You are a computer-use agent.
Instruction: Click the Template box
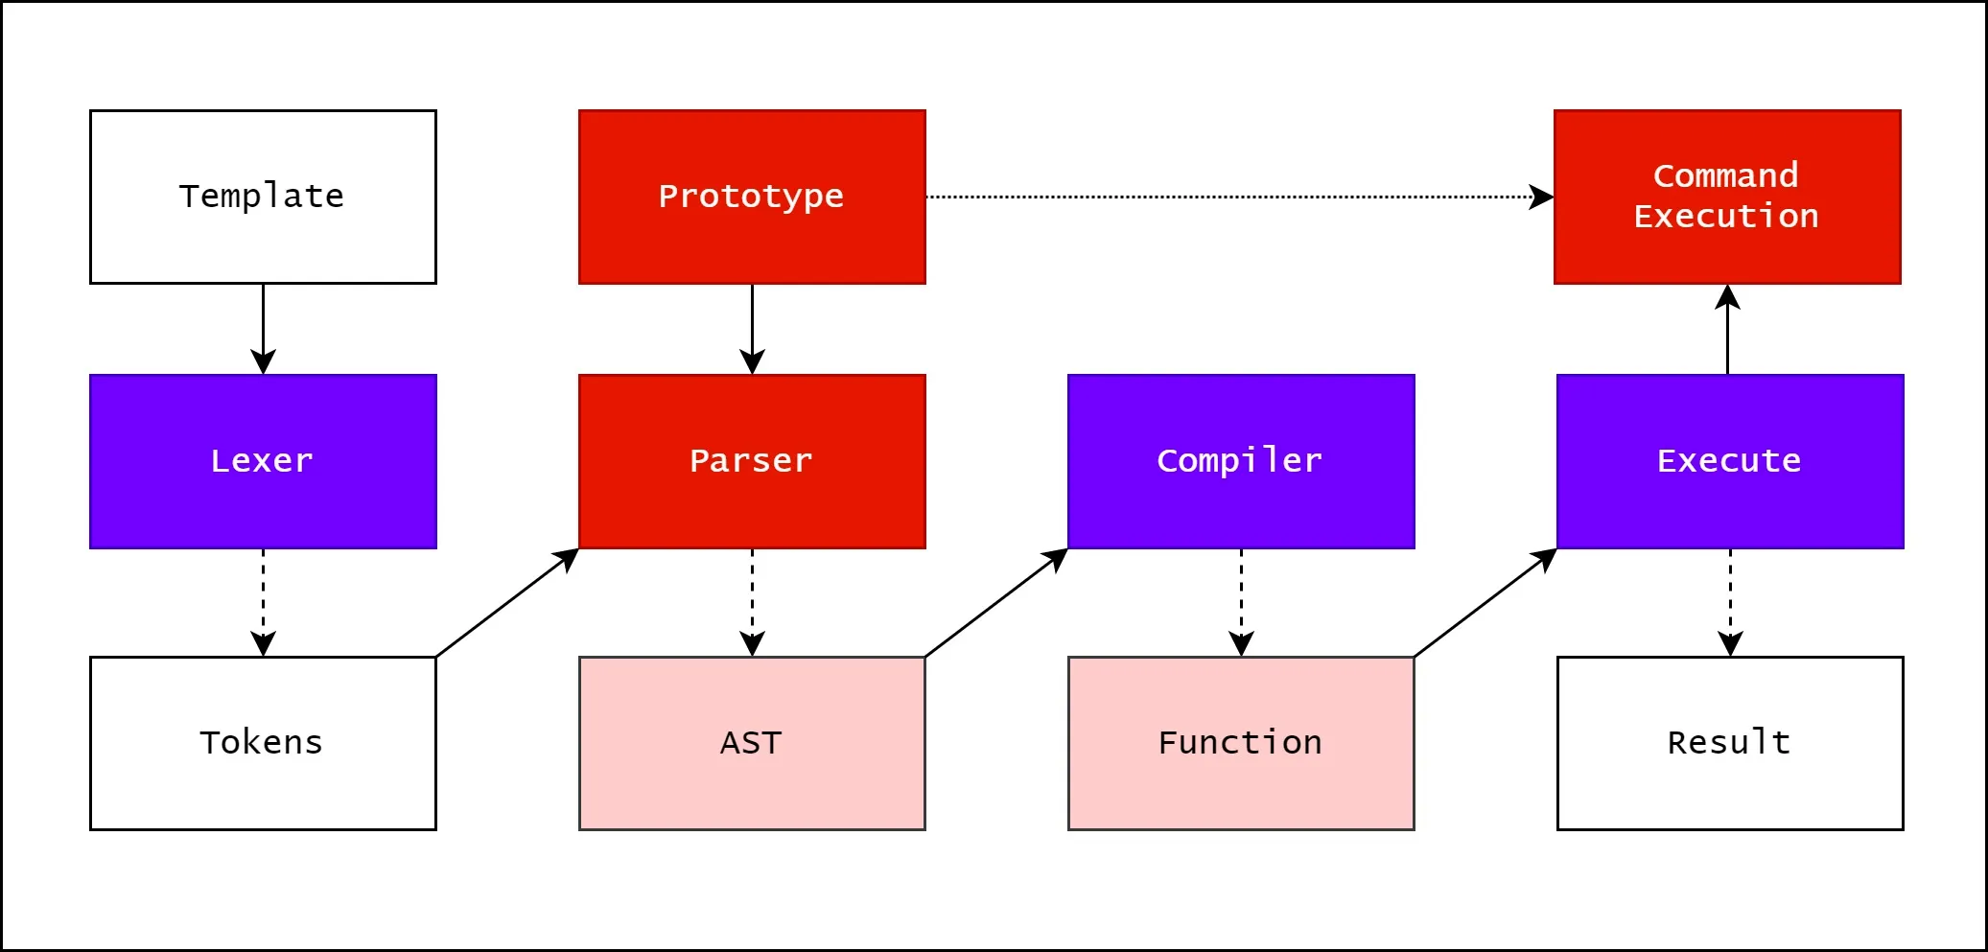pos(263,197)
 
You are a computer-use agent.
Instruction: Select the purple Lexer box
pos(263,461)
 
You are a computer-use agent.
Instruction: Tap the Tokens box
pos(263,743)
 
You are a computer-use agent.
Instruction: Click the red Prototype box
pos(752,197)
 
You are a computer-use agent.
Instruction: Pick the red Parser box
pos(752,461)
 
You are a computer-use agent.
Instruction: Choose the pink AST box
pos(752,743)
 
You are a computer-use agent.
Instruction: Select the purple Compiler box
pos(1241,461)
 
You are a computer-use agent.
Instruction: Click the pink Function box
pos(1241,743)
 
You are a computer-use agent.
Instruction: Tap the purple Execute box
pos(1730,461)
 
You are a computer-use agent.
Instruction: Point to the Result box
pos(1730,743)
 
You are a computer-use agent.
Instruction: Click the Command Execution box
pos(1727,197)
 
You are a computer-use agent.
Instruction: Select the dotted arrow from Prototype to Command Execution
pos(1240,197)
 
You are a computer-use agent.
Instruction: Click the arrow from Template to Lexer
pos(263,329)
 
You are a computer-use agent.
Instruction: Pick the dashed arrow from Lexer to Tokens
pos(263,602)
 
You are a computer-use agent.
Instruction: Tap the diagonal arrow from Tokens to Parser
pos(507,602)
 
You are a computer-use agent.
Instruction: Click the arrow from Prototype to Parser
pos(752,329)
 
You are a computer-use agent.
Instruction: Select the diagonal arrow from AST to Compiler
pos(996,602)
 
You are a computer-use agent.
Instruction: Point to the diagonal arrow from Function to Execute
pos(1485,602)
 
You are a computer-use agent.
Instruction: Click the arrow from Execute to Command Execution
pos(1727,329)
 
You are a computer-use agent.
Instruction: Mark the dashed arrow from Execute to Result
pos(1730,602)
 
